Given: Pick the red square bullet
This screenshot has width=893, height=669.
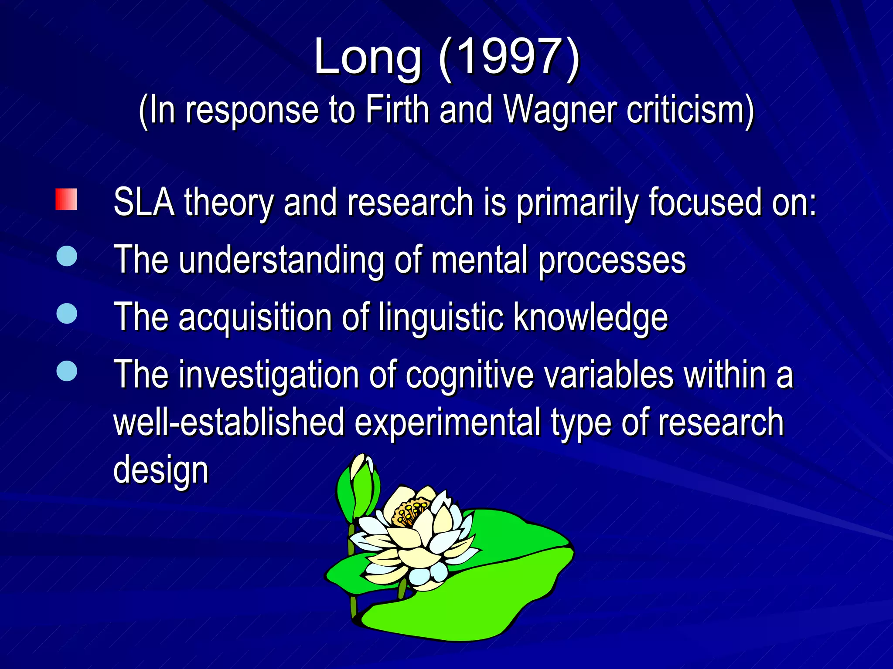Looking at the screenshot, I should (66, 199).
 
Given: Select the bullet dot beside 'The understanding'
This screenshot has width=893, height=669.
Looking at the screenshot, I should (67, 256).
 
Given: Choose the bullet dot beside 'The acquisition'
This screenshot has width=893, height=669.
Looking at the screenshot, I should (67, 313).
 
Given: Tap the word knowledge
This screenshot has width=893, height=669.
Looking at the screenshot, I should (590, 318).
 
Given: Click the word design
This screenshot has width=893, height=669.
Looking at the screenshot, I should (161, 470).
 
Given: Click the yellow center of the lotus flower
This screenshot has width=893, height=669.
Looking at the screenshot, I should (410, 512).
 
